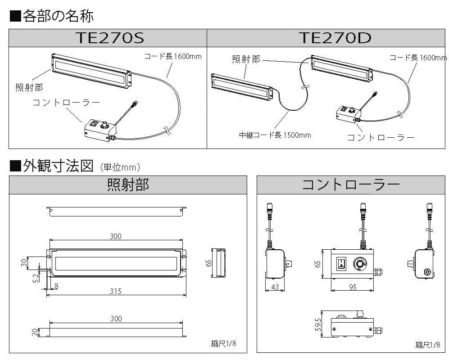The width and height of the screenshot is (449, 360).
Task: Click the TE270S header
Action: [x=110, y=38]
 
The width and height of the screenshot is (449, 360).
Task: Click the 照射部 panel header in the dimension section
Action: [x=128, y=185]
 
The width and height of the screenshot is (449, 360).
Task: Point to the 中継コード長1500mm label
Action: [x=275, y=135]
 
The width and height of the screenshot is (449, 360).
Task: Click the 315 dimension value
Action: [x=116, y=291]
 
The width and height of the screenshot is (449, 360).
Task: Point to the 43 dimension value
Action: [x=274, y=287]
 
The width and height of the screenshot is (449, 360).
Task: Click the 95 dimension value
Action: [x=352, y=287]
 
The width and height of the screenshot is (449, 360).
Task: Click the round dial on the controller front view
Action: [x=360, y=263]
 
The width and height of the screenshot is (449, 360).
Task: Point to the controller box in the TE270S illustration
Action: [x=100, y=130]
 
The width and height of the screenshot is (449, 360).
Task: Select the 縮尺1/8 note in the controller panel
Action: [x=427, y=345]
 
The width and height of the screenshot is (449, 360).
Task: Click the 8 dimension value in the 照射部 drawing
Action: [x=56, y=285]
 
